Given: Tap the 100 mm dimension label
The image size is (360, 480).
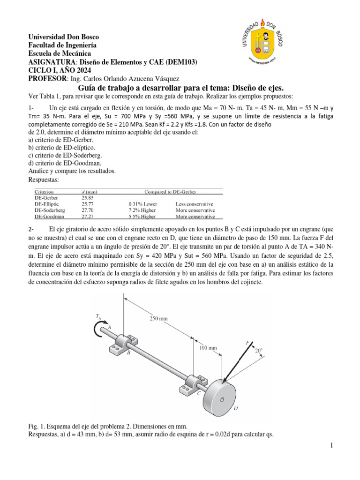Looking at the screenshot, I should point(208,348).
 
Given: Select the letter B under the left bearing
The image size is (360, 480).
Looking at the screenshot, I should point(128,353).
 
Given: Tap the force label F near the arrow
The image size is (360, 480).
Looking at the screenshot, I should point(247,343).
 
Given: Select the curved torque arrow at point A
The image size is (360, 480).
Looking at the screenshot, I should point(97,330).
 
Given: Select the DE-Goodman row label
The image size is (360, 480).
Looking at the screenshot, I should point(49,217).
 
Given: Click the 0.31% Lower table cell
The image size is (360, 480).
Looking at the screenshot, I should point(142,204).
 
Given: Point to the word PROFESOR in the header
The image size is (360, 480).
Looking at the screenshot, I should point(48,78).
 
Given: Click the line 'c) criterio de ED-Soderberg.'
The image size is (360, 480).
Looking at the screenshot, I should point(65,155).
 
